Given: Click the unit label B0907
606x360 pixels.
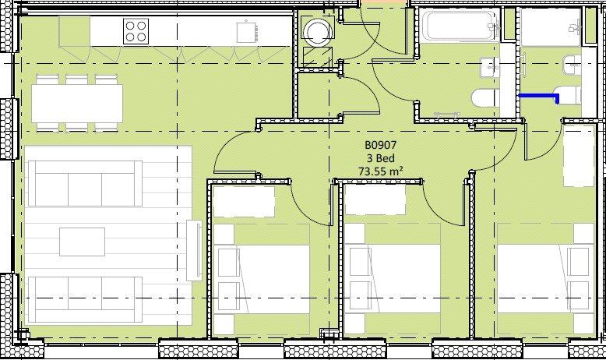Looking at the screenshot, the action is click(381, 145).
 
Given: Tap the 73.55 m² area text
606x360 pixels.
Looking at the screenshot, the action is click(381, 171).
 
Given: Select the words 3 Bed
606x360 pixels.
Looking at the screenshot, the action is click(381, 158).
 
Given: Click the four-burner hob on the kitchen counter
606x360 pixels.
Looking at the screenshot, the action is click(136, 31).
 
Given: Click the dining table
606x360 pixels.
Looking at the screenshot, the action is click(77, 103).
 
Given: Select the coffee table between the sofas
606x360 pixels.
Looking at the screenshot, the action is click(82, 242).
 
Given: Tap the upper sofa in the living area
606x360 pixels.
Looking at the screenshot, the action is click(85, 183).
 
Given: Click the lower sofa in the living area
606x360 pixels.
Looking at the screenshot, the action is click(85, 300).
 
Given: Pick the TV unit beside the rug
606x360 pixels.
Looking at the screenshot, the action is click(194, 251).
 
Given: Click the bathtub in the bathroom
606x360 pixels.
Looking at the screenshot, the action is click(458, 26).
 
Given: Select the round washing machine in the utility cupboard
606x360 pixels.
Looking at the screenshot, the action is click(317, 32).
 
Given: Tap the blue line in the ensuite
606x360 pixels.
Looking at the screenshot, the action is click(539, 97).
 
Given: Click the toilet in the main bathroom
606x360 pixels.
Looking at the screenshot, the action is click(486, 98).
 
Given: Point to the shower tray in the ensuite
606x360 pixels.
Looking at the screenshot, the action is click(551, 27).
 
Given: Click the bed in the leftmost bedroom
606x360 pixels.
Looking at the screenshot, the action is click(262, 279).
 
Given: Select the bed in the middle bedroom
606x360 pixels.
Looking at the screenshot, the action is click(393, 279).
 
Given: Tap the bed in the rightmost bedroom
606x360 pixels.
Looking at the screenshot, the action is click(545, 279).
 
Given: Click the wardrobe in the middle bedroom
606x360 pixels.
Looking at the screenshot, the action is click(375, 199).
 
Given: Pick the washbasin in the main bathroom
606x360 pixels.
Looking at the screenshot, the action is click(490, 67).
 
